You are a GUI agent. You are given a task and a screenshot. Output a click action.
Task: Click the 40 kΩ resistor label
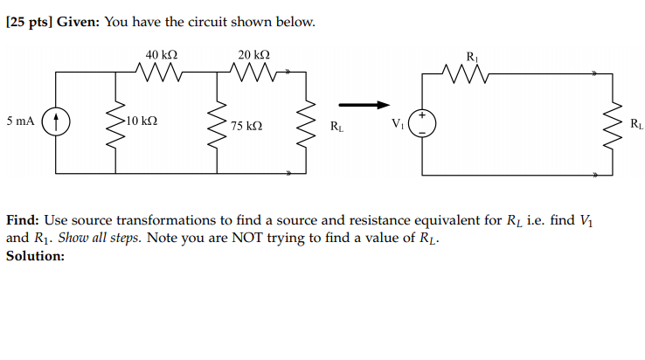coord(162,55)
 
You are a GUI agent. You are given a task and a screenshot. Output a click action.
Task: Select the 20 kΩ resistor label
coord(253,55)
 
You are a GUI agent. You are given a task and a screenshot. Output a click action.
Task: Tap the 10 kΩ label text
coord(142,121)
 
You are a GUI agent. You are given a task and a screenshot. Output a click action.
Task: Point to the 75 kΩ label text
coord(246,126)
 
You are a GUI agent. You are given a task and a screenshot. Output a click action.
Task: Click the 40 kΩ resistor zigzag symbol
coord(162,74)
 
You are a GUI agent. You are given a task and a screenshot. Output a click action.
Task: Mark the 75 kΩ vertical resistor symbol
coord(216,124)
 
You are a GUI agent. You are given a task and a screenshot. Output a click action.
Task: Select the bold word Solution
coord(35,256)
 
